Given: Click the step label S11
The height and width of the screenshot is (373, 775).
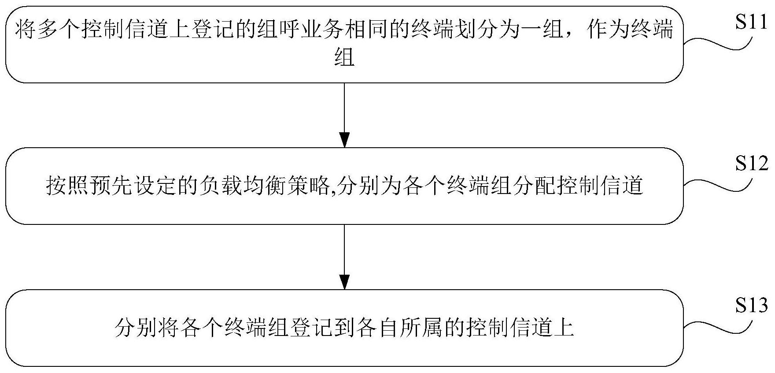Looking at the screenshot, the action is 751,23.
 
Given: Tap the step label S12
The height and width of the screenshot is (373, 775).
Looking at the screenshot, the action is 751,164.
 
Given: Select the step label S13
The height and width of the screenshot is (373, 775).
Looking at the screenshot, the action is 751,306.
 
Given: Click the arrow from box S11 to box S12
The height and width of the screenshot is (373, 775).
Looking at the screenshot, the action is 344,115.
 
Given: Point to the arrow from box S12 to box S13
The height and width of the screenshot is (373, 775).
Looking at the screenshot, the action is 344,257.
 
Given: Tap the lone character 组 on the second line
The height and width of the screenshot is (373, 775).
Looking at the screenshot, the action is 344,57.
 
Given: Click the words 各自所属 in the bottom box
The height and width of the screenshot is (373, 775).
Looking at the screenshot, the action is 401,328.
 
